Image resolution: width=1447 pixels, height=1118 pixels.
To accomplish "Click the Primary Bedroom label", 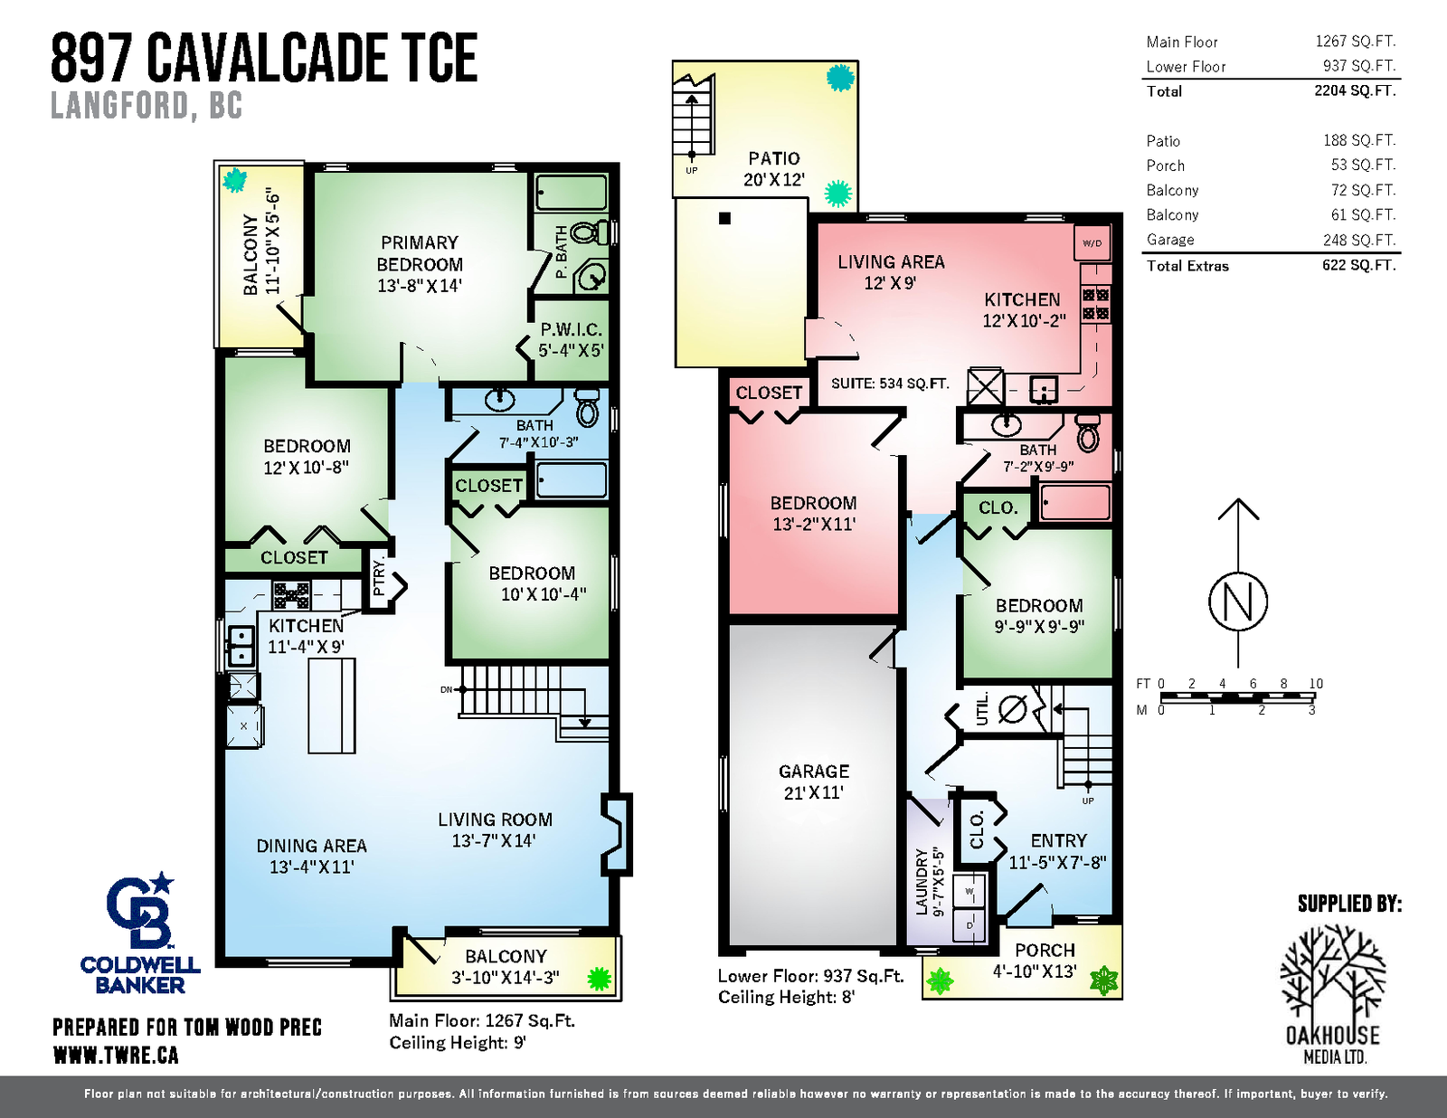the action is (x=420, y=264).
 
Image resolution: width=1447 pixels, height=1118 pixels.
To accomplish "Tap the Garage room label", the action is (x=814, y=782).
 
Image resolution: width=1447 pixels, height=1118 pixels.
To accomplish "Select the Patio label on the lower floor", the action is (x=774, y=168).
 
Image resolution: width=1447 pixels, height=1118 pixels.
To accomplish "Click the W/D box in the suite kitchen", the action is (x=1092, y=243).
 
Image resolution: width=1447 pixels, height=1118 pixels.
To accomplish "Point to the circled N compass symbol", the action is (x=1239, y=602).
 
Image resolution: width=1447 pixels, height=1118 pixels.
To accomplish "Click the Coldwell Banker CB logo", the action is (x=140, y=910).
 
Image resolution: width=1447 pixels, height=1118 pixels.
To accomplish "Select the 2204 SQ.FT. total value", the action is (x=1355, y=90).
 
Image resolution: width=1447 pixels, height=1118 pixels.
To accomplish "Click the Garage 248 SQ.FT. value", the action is (x=1359, y=240).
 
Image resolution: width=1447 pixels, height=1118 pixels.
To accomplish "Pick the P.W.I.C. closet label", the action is (x=571, y=339).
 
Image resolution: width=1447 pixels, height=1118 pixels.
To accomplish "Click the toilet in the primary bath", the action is (x=589, y=233).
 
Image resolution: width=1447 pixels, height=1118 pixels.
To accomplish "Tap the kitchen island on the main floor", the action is (x=332, y=706).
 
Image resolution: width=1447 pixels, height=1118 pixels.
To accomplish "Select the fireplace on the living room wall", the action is (x=617, y=834).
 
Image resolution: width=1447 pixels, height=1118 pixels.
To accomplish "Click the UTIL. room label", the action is (x=982, y=708).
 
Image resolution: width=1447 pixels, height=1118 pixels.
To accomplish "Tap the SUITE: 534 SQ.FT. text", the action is (x=890, y=384).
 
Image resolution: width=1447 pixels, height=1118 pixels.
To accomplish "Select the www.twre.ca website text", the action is (x=115, y=1056).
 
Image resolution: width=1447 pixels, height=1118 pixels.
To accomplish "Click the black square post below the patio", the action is (x=725, y=218).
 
